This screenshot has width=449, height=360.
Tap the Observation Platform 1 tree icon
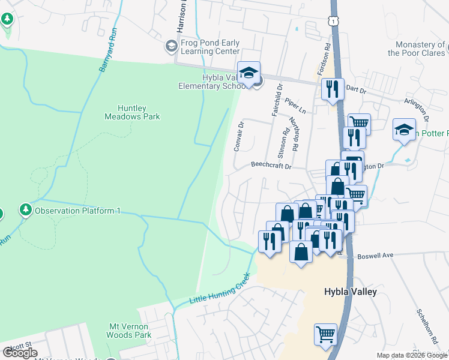click(x=25, y=210)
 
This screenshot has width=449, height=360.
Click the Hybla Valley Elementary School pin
click(x=249, y=74)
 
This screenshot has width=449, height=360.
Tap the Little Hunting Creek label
click(x=219, y=289)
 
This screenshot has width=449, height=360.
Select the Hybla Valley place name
click(x=351, y=292)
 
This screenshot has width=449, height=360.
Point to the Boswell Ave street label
click(x=375, y=255)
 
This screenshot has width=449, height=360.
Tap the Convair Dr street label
click(x=239, y=136)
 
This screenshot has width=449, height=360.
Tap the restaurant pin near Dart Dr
click(x=332, y=90)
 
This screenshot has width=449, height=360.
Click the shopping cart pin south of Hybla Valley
click(x=325, y=334)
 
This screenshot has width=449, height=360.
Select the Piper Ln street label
click(x=295, y=106)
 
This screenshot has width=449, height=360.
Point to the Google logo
click(x=19, y=352)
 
